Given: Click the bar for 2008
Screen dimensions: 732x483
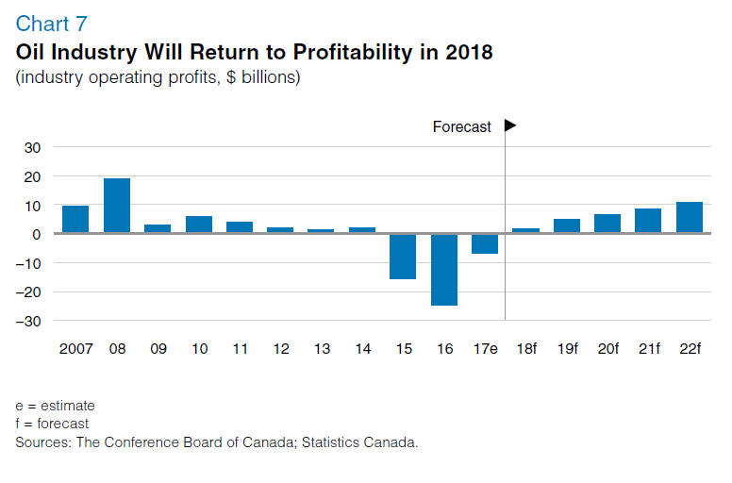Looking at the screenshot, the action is click(x=117, y=206).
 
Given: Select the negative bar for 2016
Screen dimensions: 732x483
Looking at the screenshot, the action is click(x=444, y=270).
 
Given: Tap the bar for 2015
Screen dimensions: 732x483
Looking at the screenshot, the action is click(x=403, y=257).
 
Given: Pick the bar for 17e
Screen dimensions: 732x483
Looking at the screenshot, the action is click(x=485, y=244).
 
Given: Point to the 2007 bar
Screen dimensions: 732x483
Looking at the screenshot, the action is click(x=75, y=219).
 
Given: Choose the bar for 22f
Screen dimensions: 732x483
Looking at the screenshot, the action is click(x=689, y=217).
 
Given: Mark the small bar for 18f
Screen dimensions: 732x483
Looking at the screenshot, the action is click(x=525, y=230).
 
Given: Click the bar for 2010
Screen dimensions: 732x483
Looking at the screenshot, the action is click(x=199, y=224).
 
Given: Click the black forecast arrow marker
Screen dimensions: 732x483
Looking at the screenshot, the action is click(x=510, y=125).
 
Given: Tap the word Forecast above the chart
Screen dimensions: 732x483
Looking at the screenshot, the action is click(x=461, y=127).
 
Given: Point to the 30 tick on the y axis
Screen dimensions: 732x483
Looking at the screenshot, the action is click(x=33, y=148).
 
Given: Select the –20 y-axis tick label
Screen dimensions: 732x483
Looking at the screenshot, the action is click(x=28, y=292).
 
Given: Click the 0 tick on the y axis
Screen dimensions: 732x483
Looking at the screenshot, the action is click(x=37, y=234).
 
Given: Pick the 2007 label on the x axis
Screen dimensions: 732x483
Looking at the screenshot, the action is click(x=75, y=349).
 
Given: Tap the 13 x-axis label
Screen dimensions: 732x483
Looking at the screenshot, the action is click(x=322, y=349).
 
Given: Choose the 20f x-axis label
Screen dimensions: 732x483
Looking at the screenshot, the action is click(x=607, y=349).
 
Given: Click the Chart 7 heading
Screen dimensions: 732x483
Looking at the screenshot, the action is click(x=51, y=24).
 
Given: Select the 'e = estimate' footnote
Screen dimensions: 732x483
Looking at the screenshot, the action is click(x=55, y=406).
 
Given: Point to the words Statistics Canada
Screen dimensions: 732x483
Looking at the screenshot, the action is click(x=360, y=441).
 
